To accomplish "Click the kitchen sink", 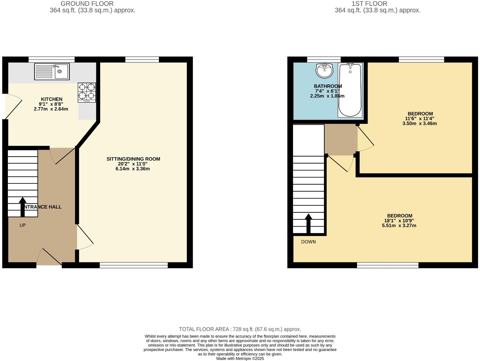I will coord(52,71).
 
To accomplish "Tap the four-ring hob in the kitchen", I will coord(87,92).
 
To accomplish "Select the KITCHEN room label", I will coord(52,99).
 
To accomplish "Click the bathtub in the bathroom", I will coord(350,90).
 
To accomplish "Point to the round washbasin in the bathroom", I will coord(324,70).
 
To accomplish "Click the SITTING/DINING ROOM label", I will coord(133,159).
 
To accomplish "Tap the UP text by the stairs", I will coord(23,225).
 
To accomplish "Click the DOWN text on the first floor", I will coord(308,242).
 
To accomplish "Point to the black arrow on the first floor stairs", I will coord(308,223).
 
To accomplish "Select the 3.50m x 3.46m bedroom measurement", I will coord(419,123).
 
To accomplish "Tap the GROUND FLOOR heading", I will coord(87,4).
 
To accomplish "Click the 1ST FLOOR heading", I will coord(369,4).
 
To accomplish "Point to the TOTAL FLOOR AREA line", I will coord(240,329).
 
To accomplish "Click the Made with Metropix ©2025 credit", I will coord(240,358).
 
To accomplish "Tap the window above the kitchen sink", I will coord(52,59).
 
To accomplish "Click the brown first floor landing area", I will coord(341,140).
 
